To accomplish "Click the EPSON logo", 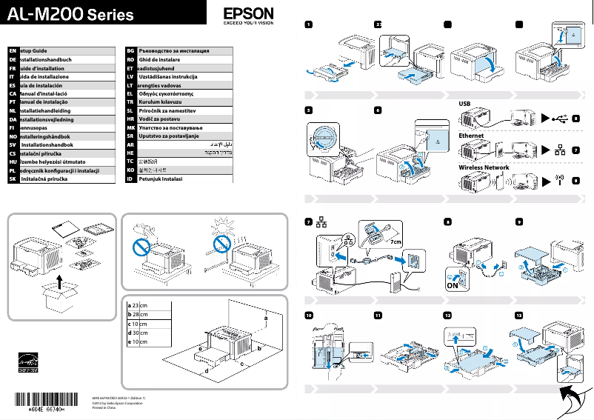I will pyautogui.click(x=248, y=15).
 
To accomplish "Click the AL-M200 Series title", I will pyautogui.click(x=71, y=14).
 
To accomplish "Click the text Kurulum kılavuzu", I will pyautogui.click(x=162, y=102).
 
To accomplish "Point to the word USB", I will pyautogui.click(x=466, y=104).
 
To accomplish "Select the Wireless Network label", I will pyautogui.click(x=484, y=168).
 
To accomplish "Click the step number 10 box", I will pyautogui.click(x=309, y=315).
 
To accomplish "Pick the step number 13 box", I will pyautogui.click(x=518, y=315).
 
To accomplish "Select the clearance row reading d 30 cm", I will pyautogui.click(x=139, y=333).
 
